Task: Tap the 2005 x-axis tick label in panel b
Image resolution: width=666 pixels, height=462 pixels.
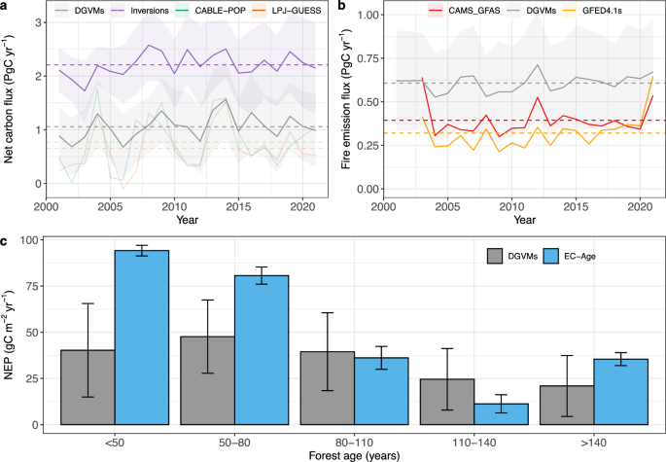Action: coord(447,206)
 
